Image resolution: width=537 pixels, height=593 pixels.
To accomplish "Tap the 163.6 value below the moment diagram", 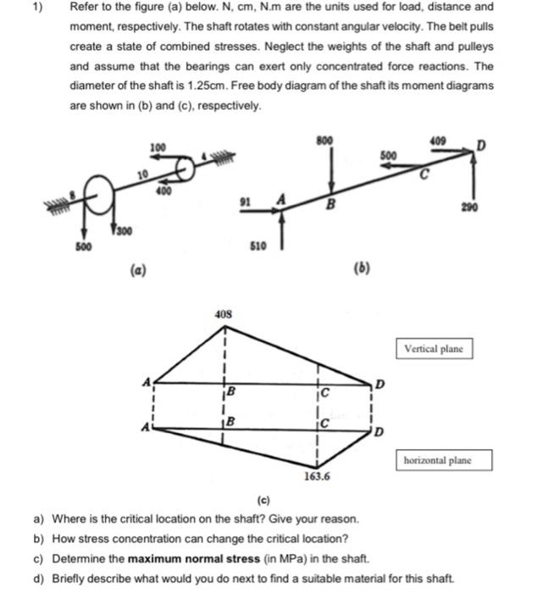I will pos(318,476).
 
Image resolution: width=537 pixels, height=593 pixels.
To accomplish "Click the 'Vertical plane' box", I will pos(433,348).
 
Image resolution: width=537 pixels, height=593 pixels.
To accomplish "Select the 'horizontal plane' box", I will pos(442,460).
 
